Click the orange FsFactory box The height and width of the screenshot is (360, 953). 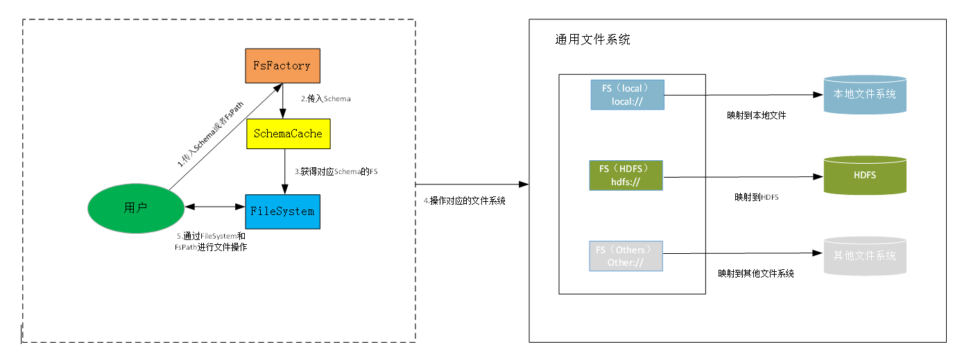(282, 66)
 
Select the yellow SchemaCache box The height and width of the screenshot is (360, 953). (288, 134)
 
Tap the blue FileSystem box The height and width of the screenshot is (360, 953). (282, 212)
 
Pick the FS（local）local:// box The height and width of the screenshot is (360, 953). (627, 95)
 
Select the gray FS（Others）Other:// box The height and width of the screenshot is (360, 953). (626, 255)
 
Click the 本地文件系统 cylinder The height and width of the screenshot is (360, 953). (864, 94)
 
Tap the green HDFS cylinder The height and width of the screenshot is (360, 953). (864, 175)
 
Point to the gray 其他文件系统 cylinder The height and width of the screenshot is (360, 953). (864, 255)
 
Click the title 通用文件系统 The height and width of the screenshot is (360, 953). (592, 40)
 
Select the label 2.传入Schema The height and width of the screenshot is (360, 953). (325, 99)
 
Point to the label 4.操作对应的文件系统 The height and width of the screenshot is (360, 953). (464, 201)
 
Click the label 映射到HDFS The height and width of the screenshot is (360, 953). (756, 197)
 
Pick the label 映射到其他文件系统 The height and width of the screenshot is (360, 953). (755, 274)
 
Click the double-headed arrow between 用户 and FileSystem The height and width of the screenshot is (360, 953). (214, 207)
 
